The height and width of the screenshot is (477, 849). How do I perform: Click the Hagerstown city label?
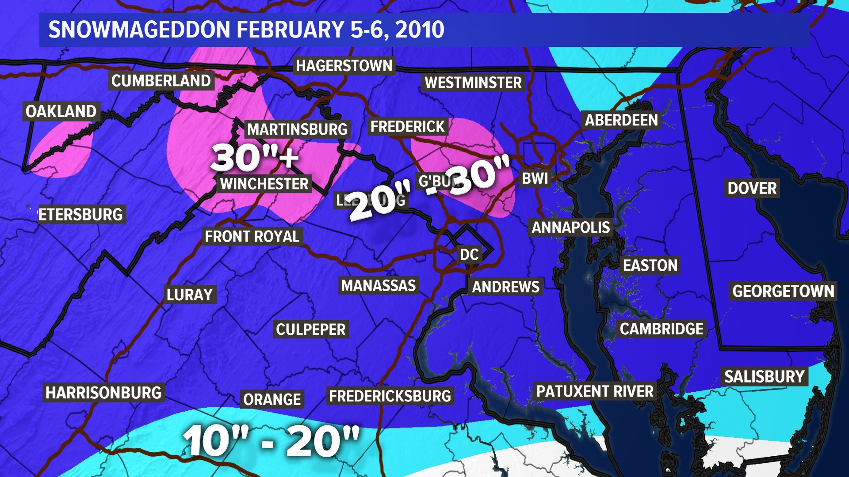[x=344, y=66]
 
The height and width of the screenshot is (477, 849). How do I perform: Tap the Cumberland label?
[x=161, y=81]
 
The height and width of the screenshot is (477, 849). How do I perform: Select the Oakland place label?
[x=61, y=111]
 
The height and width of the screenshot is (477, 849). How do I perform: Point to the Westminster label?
[x=473, y=83]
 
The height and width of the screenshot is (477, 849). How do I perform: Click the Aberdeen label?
[x=621, y=120]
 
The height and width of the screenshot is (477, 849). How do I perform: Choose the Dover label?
[x=752, y=188]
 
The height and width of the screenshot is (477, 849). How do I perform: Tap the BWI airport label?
[x=535, y=178]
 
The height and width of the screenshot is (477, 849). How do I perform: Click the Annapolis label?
[x=570, y=227]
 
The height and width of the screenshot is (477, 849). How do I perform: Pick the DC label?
[x=469, y=254]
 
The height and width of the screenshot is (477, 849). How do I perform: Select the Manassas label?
[x=379, y=286]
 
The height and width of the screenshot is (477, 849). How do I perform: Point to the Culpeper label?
[x=311, y=329]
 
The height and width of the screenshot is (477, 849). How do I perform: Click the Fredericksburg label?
[x=390, y=396]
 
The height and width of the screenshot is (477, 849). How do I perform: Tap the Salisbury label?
[x=764, y=377]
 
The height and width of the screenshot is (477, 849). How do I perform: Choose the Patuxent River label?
[x=595, y=391]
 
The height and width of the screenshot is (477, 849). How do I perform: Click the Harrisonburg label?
[x=103, y=393]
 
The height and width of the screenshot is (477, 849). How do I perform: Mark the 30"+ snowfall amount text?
[x=255, y=157]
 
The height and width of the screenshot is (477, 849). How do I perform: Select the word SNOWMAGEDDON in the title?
[x=139, y=30]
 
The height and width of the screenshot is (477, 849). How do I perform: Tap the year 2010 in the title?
[x=420, y=30]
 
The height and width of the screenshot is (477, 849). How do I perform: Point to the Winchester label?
[x=264, y=184]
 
